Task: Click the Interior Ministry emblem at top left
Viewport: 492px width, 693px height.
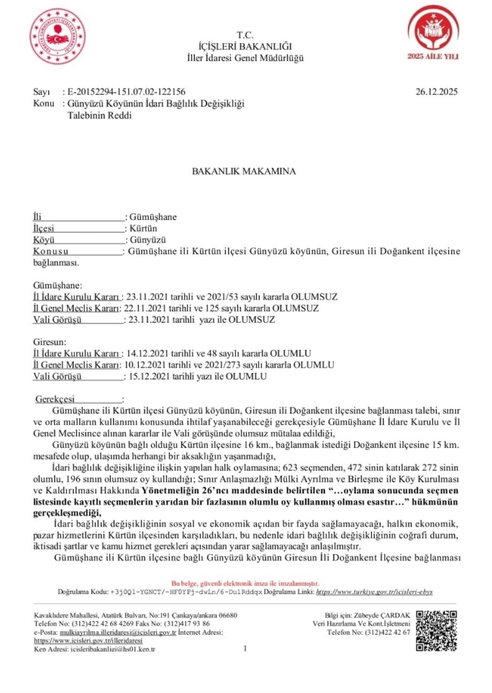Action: (x=58, y=35)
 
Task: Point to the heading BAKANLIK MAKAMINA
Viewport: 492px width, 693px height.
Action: (x=245, y=171)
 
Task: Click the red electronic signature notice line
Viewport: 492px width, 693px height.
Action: (x=246, y=583)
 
